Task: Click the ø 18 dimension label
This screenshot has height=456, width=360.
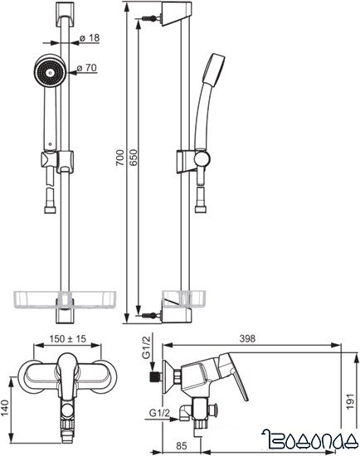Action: (90, 38)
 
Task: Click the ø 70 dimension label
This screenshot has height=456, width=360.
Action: (87, 68)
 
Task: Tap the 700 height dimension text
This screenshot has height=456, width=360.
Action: (120, 158)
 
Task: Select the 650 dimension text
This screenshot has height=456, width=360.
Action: (133, 158)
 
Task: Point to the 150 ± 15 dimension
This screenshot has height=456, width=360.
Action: (67, 339)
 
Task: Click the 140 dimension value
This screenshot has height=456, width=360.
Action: (6, 407)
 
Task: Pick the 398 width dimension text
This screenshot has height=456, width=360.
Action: (247, 338)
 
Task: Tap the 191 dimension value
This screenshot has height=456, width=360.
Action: (350, 401)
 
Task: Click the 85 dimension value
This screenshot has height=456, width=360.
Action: (182, 446)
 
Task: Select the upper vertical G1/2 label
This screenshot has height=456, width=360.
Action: (146, 347)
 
